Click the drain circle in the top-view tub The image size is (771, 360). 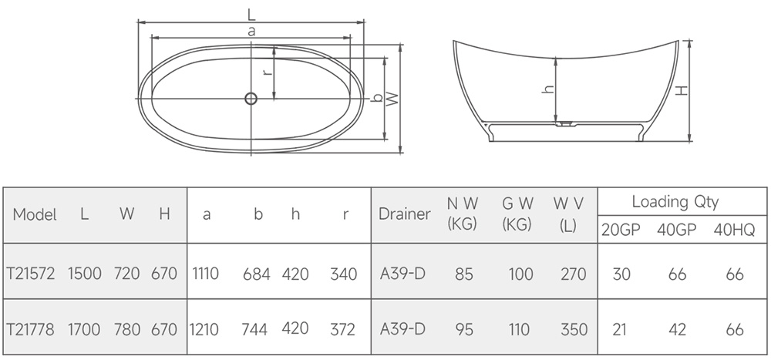pos(251,99)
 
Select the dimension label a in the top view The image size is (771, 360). pos(252,32)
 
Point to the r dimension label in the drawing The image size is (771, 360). pos(267,72)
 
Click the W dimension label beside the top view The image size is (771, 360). pos(392,99)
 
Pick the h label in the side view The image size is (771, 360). pos(549,89)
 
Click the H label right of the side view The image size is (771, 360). pos(681,90)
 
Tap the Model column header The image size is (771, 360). pos(35,215)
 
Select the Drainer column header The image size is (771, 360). pos(405,214)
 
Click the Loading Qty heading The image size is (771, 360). pos(675,202)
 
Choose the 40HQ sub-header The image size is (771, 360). pos(734,230)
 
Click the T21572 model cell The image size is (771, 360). pos(31,273)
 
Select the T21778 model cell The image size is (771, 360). pos(31,329)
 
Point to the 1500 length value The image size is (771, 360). pos(85,273)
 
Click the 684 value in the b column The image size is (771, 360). pos(256,274)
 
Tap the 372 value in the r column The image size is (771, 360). pos(343,329)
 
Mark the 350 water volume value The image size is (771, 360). pos(574,329)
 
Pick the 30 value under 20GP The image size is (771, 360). pos(621,274)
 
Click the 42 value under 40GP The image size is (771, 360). pos(677,329)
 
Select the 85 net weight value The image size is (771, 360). pos(463,274)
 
